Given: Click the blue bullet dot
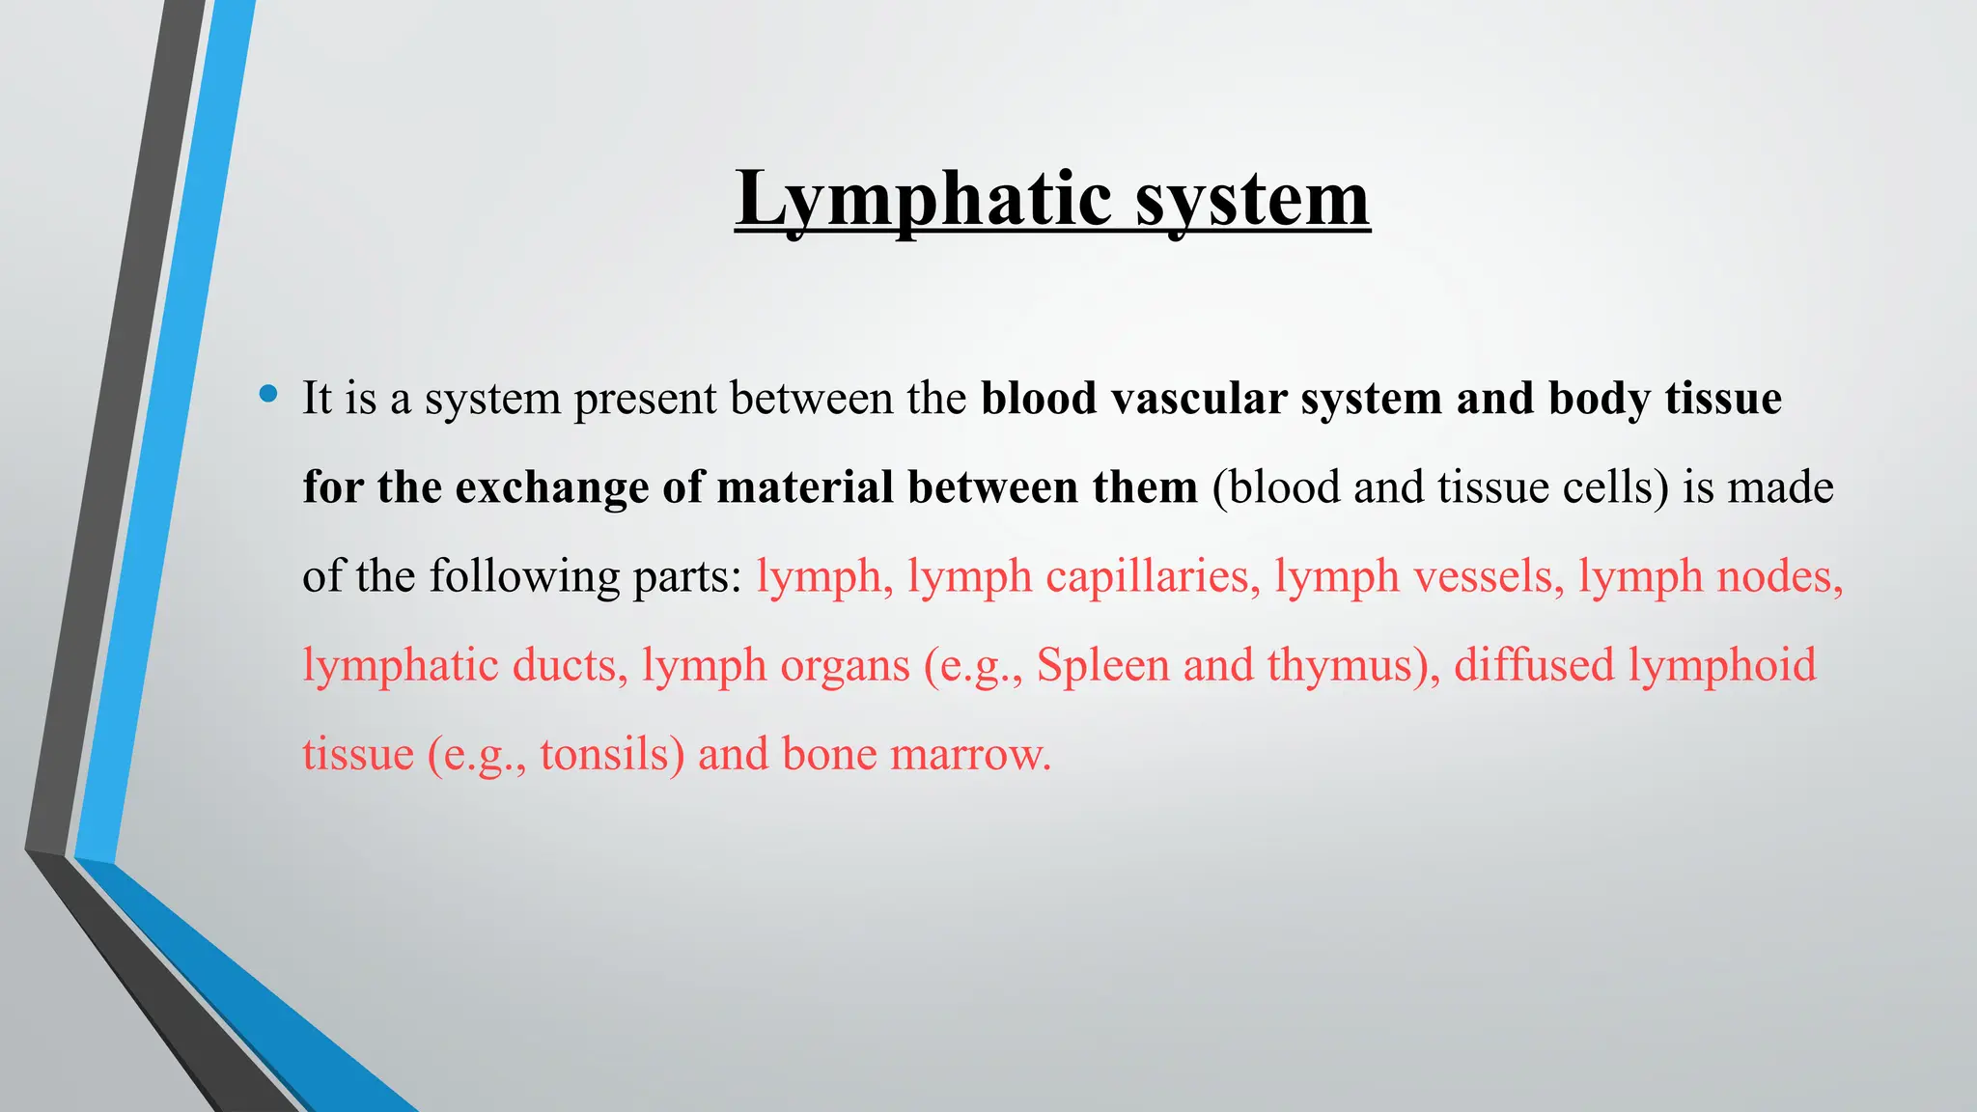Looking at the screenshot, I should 268,394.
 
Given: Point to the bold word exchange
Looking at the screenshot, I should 552,487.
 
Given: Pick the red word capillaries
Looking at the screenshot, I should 1153,576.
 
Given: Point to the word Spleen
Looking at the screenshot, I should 1103,665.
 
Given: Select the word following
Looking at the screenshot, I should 524,576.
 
